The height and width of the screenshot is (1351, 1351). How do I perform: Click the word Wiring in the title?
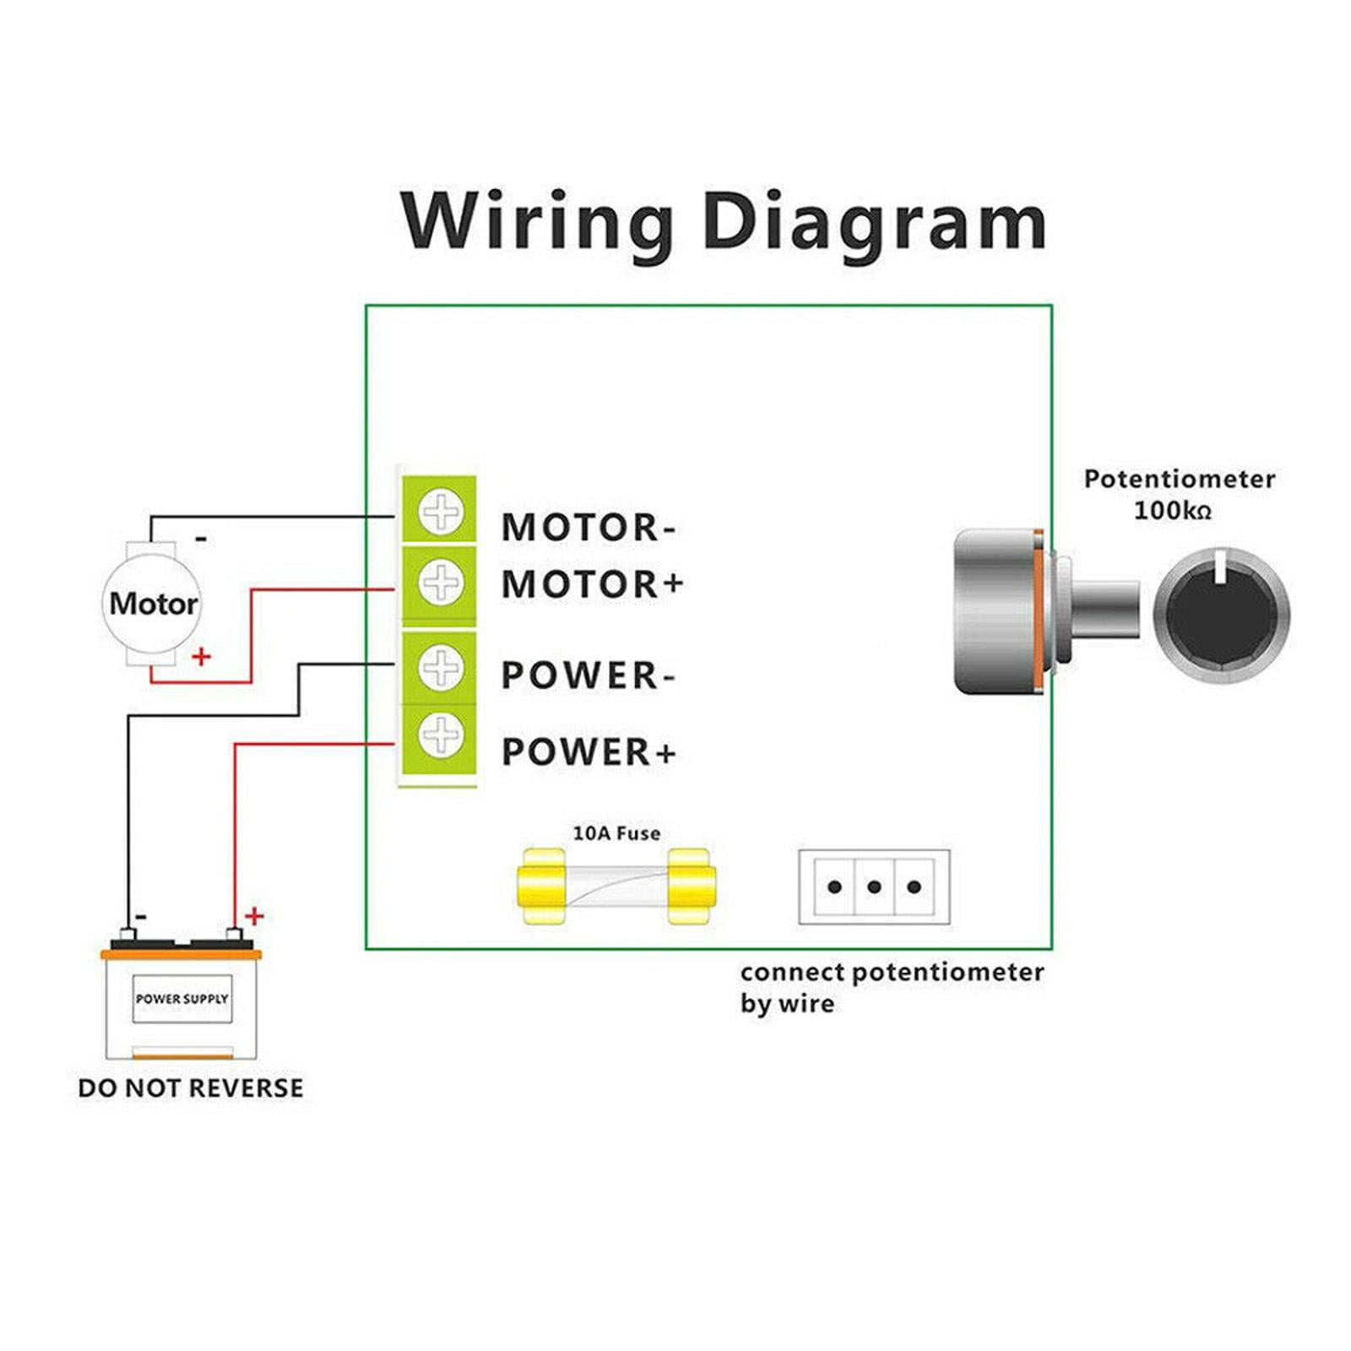(535, 221)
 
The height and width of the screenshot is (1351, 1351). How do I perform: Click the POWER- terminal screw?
(441, 667)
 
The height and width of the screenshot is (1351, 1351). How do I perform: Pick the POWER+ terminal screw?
(441, 735)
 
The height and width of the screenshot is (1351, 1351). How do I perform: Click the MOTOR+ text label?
(592, 584)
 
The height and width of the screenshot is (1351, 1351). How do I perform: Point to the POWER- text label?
(588, 675)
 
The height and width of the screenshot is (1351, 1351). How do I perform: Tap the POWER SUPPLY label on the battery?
(182, 999)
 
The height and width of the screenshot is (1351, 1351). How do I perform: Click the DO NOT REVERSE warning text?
(191, 1088)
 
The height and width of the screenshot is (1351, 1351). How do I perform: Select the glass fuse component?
(616, 887)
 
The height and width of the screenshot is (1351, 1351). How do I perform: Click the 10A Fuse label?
(616, 833)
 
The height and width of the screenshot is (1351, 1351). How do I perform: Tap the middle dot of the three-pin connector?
(874, 887)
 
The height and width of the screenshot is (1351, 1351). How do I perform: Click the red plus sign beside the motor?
(201, 656)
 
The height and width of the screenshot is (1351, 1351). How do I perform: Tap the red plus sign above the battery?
(253, 915)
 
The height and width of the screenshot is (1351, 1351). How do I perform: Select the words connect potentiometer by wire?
(891, 986)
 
